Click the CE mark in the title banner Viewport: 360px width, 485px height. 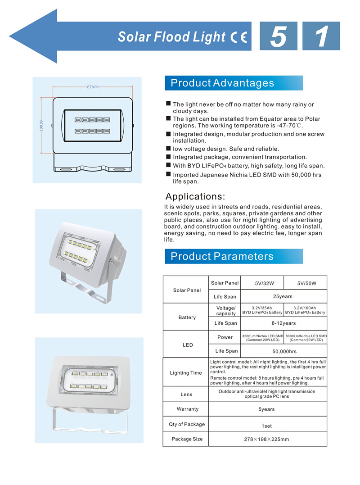[239, 37]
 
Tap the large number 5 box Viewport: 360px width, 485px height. [278, 36]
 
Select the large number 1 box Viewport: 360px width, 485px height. [321, 36]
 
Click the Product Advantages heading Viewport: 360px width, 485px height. [222, 83]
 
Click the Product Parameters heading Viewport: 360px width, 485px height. [222, 256]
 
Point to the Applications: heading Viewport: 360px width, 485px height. [195, 196]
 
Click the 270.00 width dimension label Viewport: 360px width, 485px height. [92, 87]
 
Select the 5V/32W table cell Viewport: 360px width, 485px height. [264, 284]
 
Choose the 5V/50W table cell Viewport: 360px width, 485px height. [307, 284]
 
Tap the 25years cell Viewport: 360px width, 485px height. [283, 296]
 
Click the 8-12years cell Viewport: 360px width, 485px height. [283, 323]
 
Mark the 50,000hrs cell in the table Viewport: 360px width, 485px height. [285, 352]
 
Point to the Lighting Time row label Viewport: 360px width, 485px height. [186, 373]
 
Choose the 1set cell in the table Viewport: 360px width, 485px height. [266, 426]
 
